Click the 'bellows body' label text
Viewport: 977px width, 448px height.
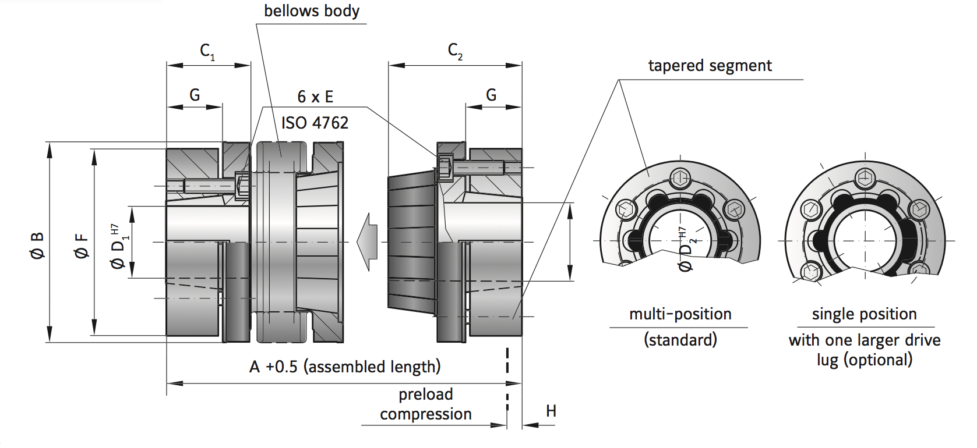click(x=311, y=11)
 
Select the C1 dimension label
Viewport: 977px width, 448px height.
click(x=207, y=52)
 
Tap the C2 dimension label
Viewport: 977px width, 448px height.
click(x=455, y=52)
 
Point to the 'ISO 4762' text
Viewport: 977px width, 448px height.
click(x=315, y=123)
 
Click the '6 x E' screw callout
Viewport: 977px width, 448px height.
click(x=315, y=97)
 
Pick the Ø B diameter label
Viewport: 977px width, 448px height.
click(x=37, y=244)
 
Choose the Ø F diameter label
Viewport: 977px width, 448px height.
click(x=82, y=245)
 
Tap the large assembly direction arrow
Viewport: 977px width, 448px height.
click(x=368, y=241)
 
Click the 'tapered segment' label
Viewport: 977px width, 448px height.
click(x=710, y=66)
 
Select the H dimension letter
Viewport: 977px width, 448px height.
click(x=551, y=411)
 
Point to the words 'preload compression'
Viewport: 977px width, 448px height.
click(x=426, y=404)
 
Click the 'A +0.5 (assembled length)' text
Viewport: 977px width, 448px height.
click(x=345, y=367)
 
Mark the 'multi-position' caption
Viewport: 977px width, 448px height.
click(x=680, y=314)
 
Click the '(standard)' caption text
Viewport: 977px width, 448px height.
click(x=680, y=340)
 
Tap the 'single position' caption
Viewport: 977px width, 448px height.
click(x=864, y=314)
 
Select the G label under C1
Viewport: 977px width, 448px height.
click(x=195, y=95)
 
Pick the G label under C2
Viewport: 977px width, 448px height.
click(x=491, y=95)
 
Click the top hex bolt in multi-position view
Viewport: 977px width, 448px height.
click(x=680, y=178)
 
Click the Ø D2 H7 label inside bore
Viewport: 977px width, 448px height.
click(x=686, y=250)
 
